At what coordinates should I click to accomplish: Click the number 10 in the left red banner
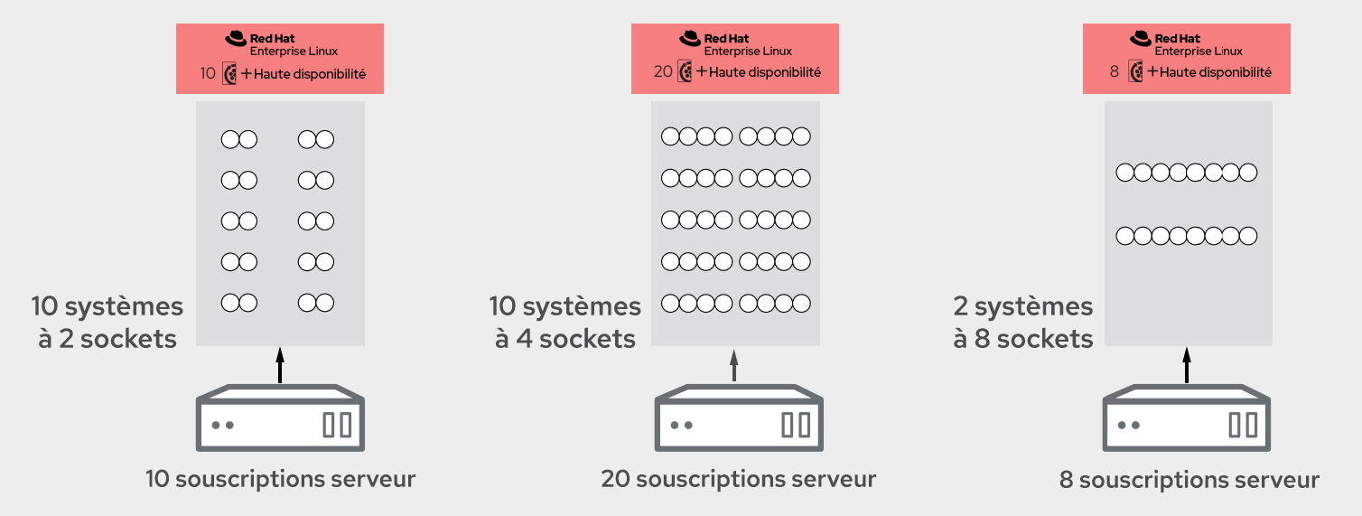pos(209,73)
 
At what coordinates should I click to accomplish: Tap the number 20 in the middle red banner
pos(663,72)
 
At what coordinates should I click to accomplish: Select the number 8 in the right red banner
pos(1115,72)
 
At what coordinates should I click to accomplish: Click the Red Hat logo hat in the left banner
pos(236,38)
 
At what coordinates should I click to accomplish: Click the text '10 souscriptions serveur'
pos(280,479)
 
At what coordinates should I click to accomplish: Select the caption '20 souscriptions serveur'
pos(738,479)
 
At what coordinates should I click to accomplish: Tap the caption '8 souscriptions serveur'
pos(1189,480)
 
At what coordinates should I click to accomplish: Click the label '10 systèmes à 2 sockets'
pos(107,323)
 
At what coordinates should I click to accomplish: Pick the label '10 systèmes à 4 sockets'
pos(565,323)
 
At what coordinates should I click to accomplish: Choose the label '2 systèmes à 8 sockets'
pos(1023,323)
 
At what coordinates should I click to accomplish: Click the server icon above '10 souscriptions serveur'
pos(280,418)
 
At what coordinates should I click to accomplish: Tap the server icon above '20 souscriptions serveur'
pos(738,418)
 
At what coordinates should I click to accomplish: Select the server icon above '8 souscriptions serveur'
pos(1187,418)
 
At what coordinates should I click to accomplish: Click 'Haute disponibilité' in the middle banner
pos(765,72)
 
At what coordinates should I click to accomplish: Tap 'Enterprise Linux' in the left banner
pos(294,52)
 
